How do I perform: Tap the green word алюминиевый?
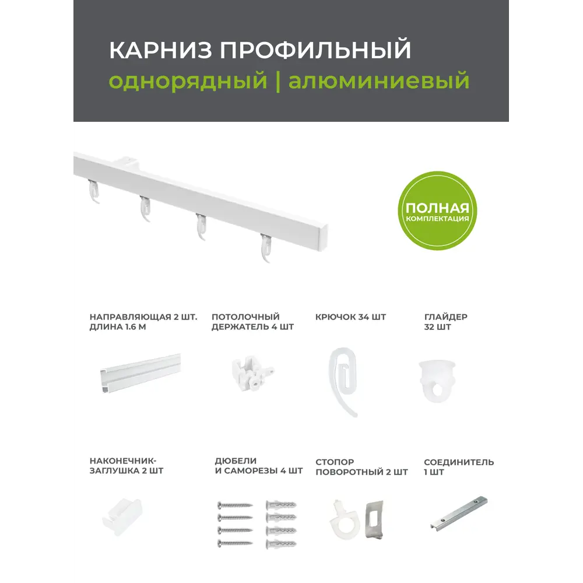tap(379, 80)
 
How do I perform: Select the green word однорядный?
tap(188, 80)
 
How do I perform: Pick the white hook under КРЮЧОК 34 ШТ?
tap(344, 379)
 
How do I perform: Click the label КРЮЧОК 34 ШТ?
tap(350, 317)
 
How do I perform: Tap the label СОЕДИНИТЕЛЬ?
tap(459, 462)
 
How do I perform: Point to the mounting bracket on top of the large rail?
tap(129, 161)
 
